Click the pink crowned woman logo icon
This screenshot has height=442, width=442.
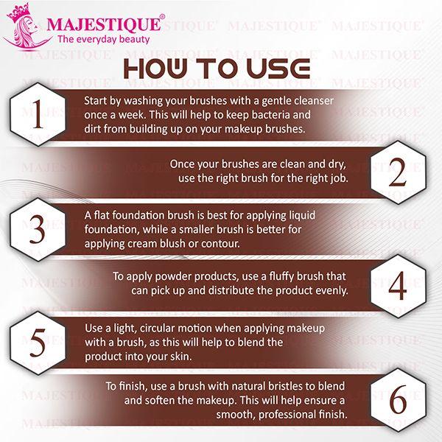coord(22,29)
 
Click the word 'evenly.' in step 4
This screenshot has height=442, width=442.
coord(329,291)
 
